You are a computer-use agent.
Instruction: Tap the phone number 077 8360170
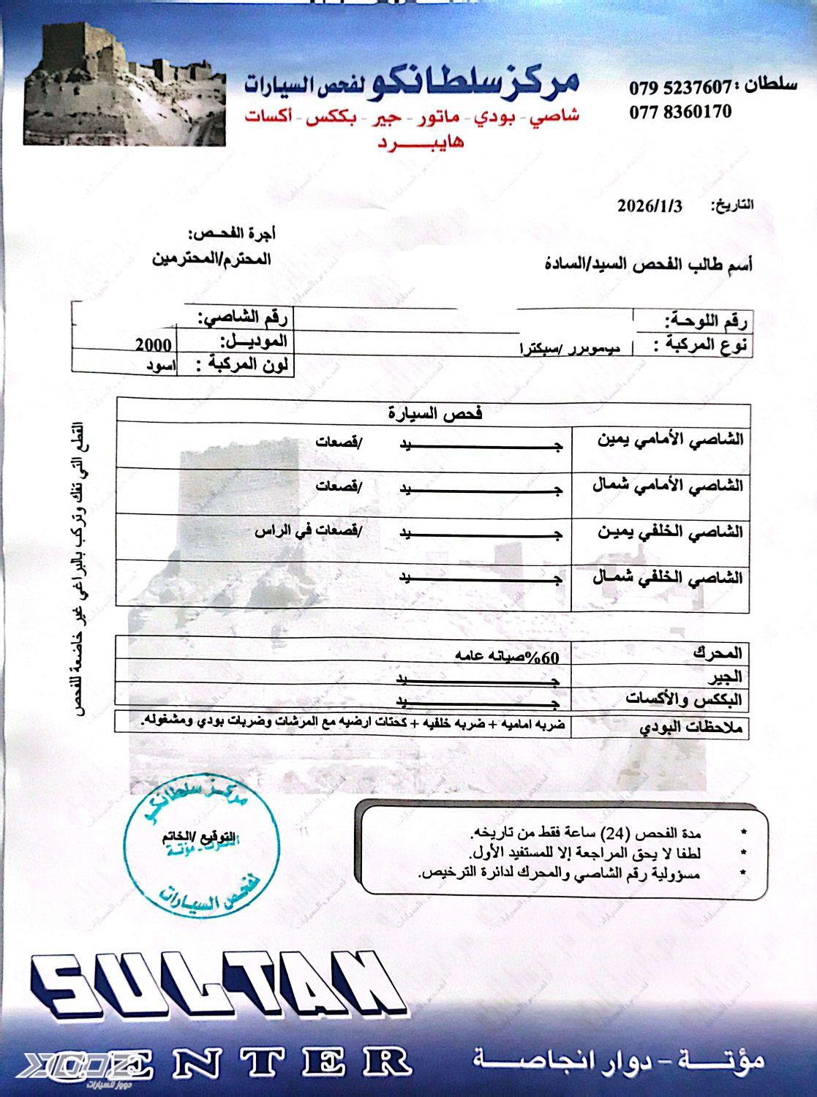[680, 113]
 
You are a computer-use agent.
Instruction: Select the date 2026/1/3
[649, 206]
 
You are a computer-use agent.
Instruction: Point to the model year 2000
[153, 345]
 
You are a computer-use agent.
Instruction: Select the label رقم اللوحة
[707, 320]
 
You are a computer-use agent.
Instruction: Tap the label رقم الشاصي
[244, 318]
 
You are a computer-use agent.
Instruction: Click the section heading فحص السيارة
[434, 414]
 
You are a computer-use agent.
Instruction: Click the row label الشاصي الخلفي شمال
[668, 578]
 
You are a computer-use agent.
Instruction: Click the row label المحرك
[718, 652]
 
